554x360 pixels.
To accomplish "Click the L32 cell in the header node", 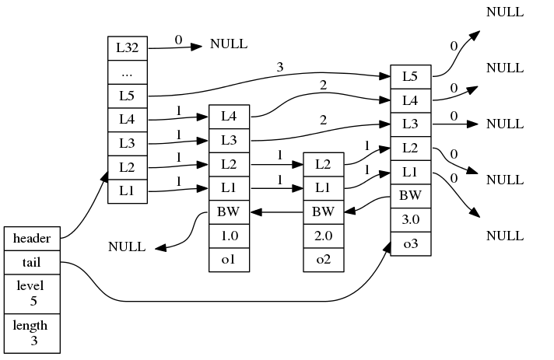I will (127, 47).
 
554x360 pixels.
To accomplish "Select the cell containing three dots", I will (127, 72).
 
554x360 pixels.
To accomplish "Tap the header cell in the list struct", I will (32, 238).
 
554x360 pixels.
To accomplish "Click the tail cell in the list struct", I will (32, 263).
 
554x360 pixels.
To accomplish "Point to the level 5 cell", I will (32, 293).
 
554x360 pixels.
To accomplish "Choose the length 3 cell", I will (32, 333).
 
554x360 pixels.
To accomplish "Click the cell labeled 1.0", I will (229, 234).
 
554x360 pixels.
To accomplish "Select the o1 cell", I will (229, 258).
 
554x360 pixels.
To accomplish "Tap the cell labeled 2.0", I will (323, 234).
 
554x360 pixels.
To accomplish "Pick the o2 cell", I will (323, 258).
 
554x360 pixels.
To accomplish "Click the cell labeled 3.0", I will (410, 220).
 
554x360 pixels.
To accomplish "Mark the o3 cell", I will (410, 244).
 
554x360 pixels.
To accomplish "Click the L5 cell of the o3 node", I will (410, 76).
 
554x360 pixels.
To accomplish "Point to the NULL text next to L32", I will (229, 44).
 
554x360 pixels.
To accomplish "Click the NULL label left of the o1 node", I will (127, 247).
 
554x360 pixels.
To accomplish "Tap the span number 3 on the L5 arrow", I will (279, 68).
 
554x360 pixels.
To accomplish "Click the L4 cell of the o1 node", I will (229, 116).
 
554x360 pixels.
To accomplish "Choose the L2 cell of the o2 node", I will (323, 164).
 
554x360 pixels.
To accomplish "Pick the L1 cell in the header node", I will (127, 190).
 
